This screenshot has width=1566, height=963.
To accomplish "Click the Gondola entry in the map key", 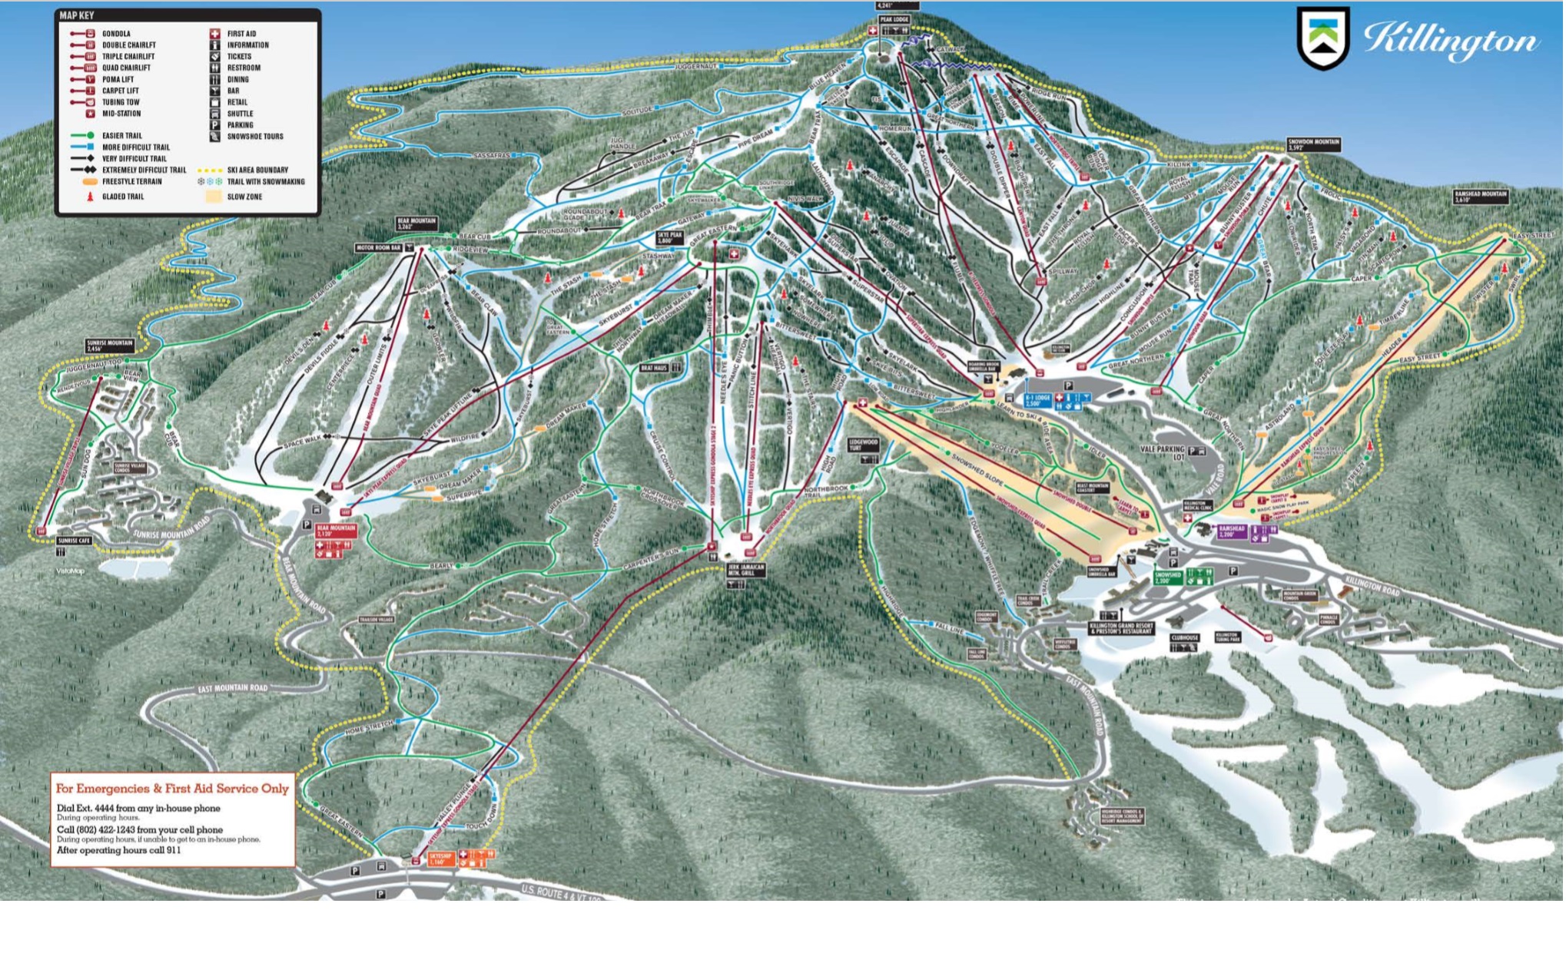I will tap(115, 34).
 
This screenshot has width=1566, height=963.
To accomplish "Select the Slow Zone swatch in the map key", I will tap(214, 197).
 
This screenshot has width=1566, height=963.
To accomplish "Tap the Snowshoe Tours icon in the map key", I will tap(215, 137).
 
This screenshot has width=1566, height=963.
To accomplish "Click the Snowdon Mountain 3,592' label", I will tap(1313, 144).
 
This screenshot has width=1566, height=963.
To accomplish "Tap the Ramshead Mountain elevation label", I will tap(1481, 197).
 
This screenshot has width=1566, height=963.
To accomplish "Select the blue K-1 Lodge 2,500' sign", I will tap(1037, 400).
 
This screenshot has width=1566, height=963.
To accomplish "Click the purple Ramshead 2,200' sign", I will tap(1231, 531).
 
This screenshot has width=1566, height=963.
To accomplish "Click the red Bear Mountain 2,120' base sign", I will tap(336, 531).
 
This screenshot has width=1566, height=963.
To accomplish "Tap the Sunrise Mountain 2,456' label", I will tap(110, 346).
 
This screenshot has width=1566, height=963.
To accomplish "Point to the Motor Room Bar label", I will tap(378, 248).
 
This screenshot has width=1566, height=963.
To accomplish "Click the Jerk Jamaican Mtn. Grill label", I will tap(746, 570).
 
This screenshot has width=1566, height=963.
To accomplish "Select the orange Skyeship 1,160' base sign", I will tap(440, 858).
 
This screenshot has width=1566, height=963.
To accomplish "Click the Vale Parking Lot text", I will tap(1163, 452).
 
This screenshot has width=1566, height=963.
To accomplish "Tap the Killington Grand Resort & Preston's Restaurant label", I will tap(1121, 628).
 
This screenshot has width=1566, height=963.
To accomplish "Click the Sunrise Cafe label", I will tap(74, 541).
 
